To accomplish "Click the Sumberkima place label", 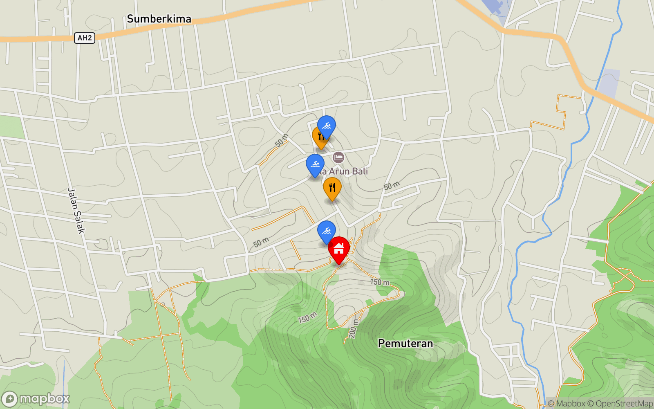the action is (x=159, y=19).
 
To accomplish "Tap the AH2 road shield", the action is (x=85, y=38).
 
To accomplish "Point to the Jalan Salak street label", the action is (x=76, y=211).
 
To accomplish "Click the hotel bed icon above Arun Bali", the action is (x=338, y=157).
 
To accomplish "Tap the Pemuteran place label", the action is (x=405, y=343).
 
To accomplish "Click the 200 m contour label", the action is (x=353, y=329).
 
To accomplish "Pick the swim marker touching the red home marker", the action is (x=326, y=231).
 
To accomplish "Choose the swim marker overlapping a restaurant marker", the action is (x=327, y=126).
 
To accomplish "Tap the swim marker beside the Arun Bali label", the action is (x=315, y=164).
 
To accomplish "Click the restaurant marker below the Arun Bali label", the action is (x=332, y=188).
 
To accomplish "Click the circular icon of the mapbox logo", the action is (x=9, y=399).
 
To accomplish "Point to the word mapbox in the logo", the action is (x=44, y=399).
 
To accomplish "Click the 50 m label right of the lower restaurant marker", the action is (x=392, y=186).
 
